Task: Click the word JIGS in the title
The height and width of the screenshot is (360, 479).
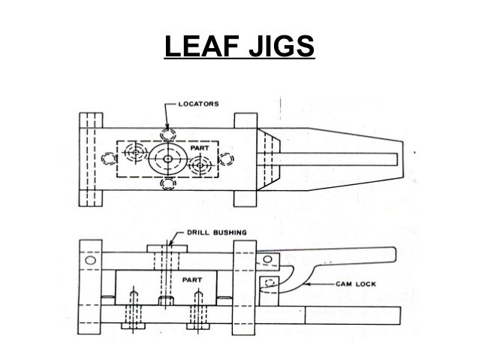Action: [x=278, y=50]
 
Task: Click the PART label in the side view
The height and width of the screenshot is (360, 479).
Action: [x=191, y=279]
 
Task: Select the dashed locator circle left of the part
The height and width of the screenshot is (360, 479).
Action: [x=110, y=159]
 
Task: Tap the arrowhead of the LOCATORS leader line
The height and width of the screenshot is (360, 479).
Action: [x=166, y=122]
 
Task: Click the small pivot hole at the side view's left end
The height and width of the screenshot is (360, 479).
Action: [x=91, y=260]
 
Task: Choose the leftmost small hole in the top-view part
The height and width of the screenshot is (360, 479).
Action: [x=134, y=153]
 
